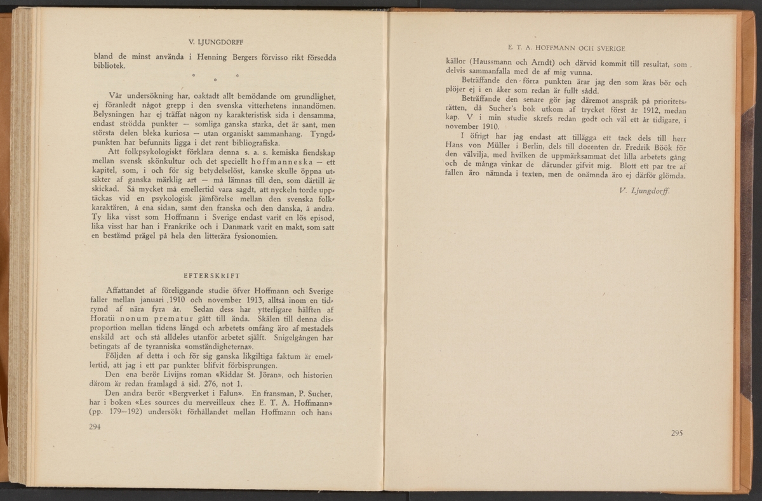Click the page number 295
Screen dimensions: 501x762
(x=676, y=434)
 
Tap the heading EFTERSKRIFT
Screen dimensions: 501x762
(x=211, y=276)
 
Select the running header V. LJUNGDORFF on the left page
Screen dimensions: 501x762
(x=211, y=43)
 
